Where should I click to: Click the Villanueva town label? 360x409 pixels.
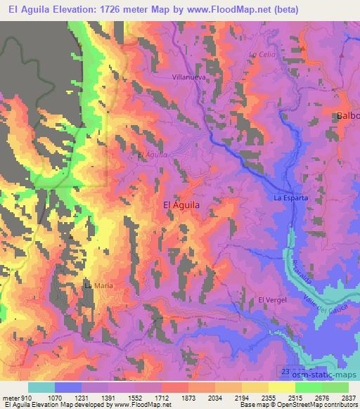188,77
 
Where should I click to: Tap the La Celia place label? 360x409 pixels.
260,55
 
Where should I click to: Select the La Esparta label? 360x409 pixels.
291,198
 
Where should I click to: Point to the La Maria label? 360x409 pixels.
98,285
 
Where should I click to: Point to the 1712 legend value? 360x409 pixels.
161,397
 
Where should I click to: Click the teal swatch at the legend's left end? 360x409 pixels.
41,387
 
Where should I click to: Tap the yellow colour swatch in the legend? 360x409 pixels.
281,387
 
